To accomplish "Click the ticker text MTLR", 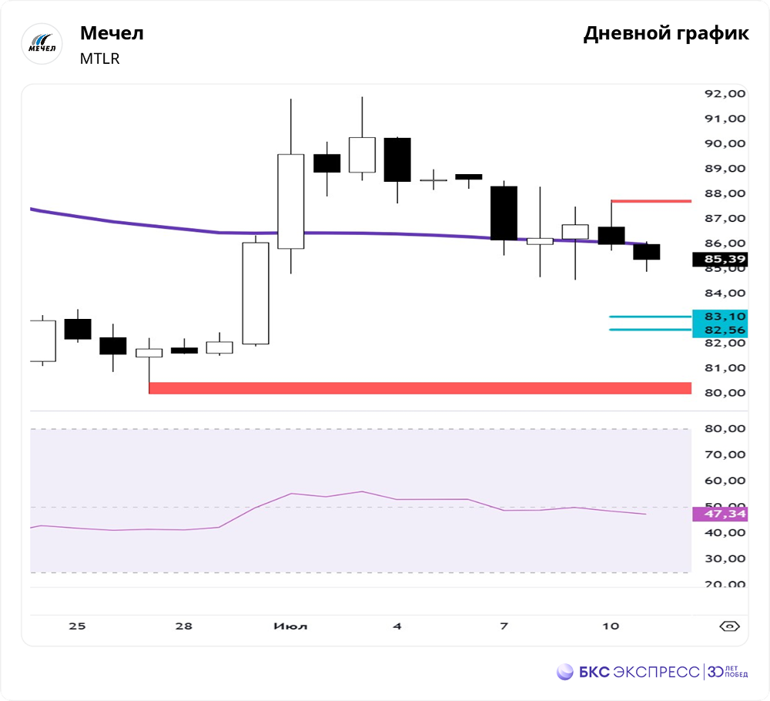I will (100, 59).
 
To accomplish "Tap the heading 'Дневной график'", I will (666, 34).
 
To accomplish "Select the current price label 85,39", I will (720, 260).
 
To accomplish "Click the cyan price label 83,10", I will (720, 317).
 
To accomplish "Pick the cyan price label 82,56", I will (720, 330).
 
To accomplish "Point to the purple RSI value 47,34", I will (720, 514).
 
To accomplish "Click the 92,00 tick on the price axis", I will (725, 93).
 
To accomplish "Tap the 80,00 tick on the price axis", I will (725, 393).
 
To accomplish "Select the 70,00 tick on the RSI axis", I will (725, 454).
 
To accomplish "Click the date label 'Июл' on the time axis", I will (290, 626).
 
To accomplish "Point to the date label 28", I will (183, 626).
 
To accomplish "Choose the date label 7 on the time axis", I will (504, 626).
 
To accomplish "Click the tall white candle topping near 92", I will (290, 201).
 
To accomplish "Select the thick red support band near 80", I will (420, 388).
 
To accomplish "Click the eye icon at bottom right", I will (729, 626).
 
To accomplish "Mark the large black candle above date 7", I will (504, 213).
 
